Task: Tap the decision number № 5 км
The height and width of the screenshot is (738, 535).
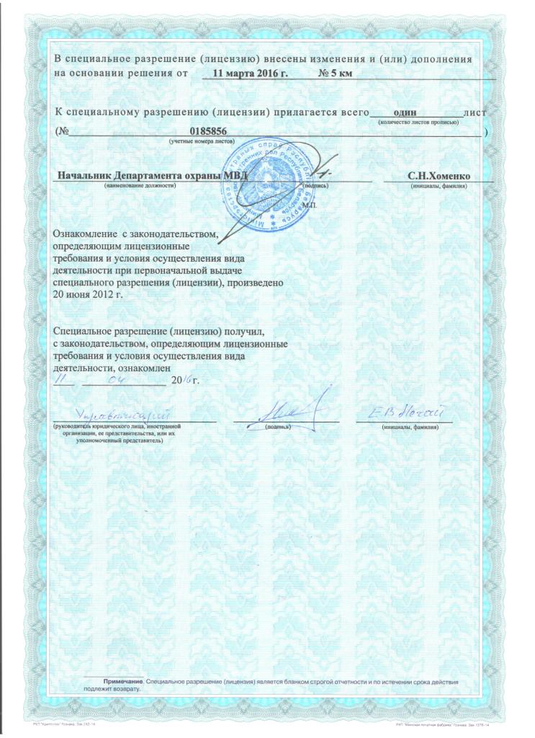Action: point(334,74)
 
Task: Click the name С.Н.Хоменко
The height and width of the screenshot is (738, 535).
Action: point(439,175)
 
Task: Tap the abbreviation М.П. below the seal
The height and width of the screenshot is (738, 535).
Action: point(311,205)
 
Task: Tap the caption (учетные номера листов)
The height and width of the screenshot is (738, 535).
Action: point(202,143)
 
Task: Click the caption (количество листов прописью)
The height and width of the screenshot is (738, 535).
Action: point(418,123)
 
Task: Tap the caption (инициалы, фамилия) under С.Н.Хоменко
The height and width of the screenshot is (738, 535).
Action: point(439,185)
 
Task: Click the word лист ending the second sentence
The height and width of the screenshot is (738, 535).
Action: point(476,112)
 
